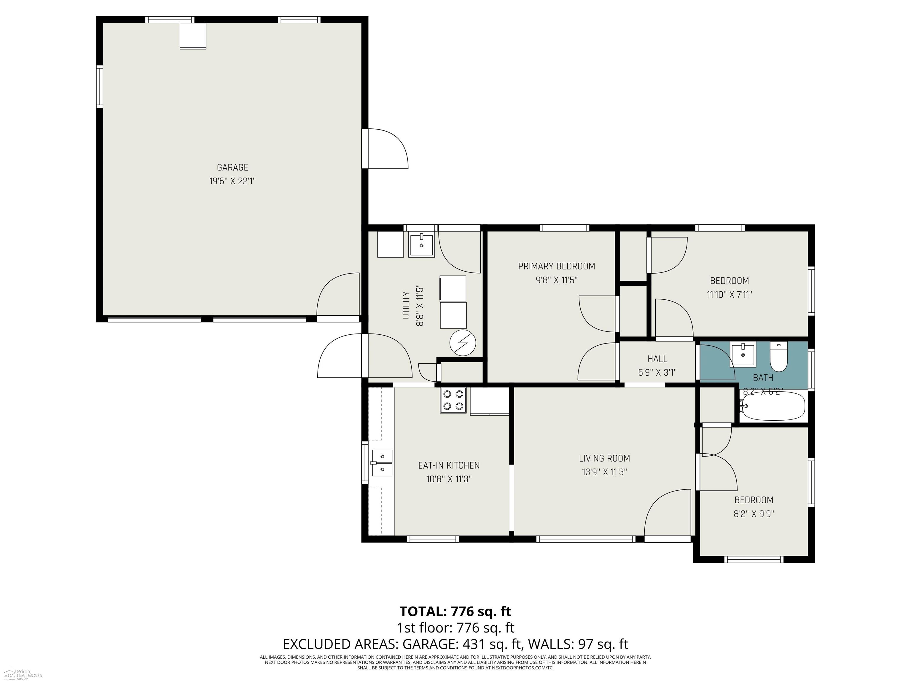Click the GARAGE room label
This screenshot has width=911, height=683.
232,167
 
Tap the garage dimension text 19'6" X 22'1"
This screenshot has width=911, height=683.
232,181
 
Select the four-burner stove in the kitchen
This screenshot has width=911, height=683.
453,400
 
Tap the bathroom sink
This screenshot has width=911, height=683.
743,355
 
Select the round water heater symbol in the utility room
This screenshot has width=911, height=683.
463,343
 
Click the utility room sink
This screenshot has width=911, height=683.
421,246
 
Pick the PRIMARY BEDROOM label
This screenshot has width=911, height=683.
556,267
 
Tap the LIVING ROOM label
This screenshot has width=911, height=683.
604,458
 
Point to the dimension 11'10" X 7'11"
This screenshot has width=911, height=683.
730,295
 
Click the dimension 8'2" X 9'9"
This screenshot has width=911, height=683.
754,514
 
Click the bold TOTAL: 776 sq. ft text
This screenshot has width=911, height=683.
455,611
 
